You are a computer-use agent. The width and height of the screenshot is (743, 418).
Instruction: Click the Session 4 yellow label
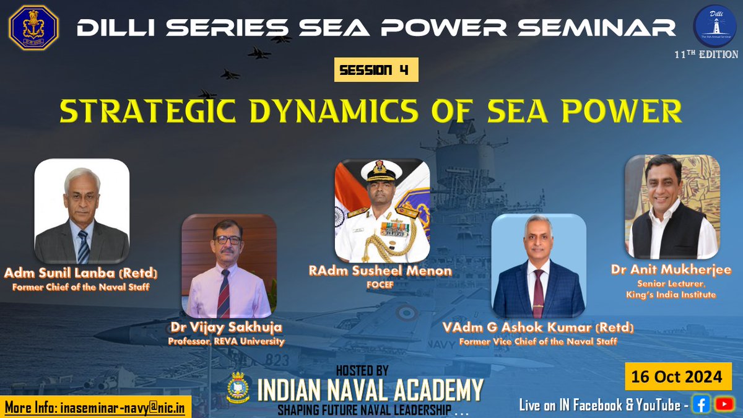tap(376, 70)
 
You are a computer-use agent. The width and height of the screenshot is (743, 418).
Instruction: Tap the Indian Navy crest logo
tap(33, 28)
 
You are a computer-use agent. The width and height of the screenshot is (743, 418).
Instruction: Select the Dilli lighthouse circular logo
tap(715, 28)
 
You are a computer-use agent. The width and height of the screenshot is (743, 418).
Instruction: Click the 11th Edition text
tap(706, 54)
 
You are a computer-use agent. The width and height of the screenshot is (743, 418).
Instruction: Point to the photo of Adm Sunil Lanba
tap(82, 211)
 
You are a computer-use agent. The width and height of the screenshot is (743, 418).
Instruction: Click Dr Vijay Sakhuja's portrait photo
tap(229, 266)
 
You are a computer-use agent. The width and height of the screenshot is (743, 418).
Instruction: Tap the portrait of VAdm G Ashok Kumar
tap(538, 266)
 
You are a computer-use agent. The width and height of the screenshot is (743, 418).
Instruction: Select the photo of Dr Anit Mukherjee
tap(672, 207)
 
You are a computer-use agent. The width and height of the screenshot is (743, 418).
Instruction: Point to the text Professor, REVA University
tap(227, 341)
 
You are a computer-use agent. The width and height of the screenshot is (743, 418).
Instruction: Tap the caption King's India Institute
tap(671, 295)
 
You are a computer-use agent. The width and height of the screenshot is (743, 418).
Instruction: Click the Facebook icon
tap(702, 404)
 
